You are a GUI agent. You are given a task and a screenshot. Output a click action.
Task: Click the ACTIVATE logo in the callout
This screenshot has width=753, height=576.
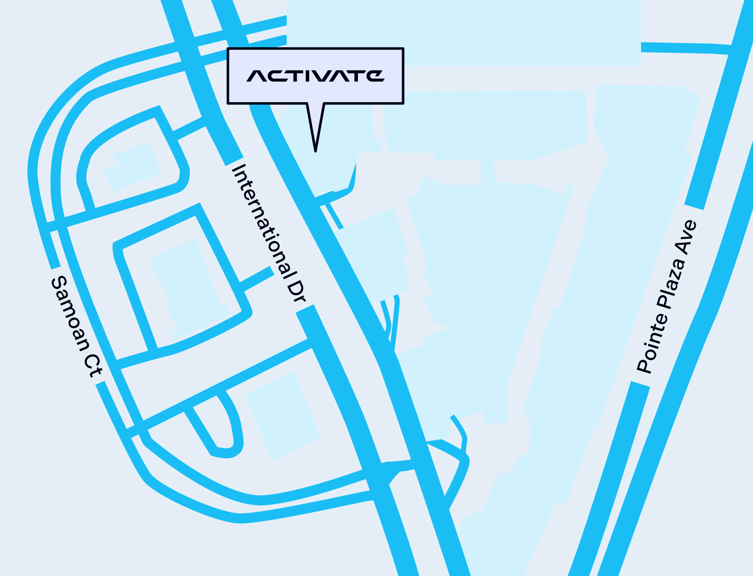click(315, 76)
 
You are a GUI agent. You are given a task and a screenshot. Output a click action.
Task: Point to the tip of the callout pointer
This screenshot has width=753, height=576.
click(315, 150)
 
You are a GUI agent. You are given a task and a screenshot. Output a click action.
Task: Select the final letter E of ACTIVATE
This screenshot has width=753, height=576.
click(374, 76)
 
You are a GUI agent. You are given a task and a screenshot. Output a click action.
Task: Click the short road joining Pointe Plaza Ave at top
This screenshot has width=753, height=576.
click(685, 48)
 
